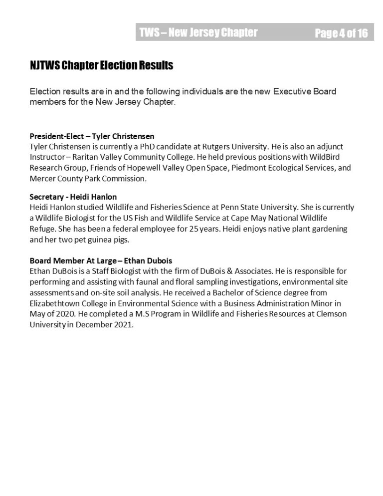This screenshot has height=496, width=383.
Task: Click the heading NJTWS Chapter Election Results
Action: coord(101,65)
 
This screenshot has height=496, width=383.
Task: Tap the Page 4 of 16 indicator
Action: coord(341,33)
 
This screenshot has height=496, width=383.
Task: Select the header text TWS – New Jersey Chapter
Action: coord(198,33)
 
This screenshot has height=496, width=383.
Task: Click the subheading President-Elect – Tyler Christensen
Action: coord(92,136)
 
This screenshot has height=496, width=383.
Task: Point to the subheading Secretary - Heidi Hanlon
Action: coord(73,197)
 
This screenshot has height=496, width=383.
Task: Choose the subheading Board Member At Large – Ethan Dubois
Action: coord(101,260)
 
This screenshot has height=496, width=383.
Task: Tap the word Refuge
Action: coord(42,230)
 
